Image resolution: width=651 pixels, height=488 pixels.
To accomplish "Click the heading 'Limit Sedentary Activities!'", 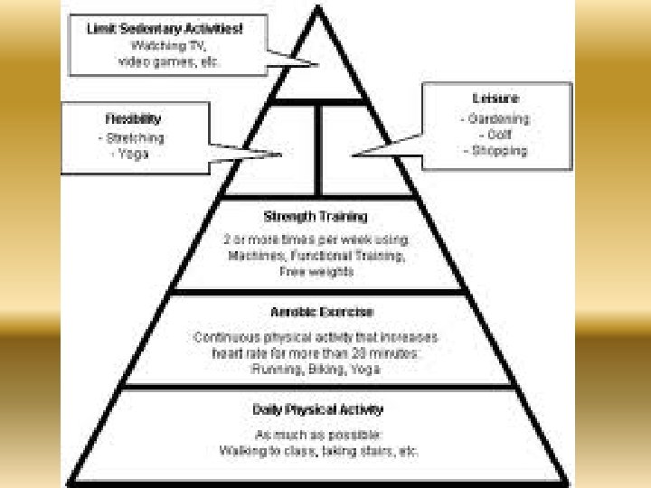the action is (165, 28).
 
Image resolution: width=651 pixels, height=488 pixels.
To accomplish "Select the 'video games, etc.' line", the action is (169, 61).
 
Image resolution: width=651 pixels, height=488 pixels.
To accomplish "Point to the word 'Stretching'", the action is (132, 138).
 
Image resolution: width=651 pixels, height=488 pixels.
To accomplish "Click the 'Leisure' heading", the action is (495, 99).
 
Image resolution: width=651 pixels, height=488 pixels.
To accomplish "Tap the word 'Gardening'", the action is (497, 118).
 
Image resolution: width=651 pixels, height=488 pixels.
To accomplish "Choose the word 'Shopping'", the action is (497, 151).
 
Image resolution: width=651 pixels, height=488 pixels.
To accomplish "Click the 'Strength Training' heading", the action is (316, 217).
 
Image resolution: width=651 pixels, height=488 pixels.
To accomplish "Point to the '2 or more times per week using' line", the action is (316, 239).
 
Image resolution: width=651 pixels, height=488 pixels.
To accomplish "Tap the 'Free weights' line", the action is (316, 271).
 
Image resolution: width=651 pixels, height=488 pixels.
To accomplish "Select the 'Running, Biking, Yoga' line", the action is (316, 369).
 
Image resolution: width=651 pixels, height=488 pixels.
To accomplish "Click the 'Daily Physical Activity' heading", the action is (317, 409).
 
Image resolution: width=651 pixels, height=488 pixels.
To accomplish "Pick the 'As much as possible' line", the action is (317, 434).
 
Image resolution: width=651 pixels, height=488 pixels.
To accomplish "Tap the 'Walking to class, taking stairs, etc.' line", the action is (318, 450).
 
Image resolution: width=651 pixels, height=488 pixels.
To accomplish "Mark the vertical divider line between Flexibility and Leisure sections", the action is (317, 149).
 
